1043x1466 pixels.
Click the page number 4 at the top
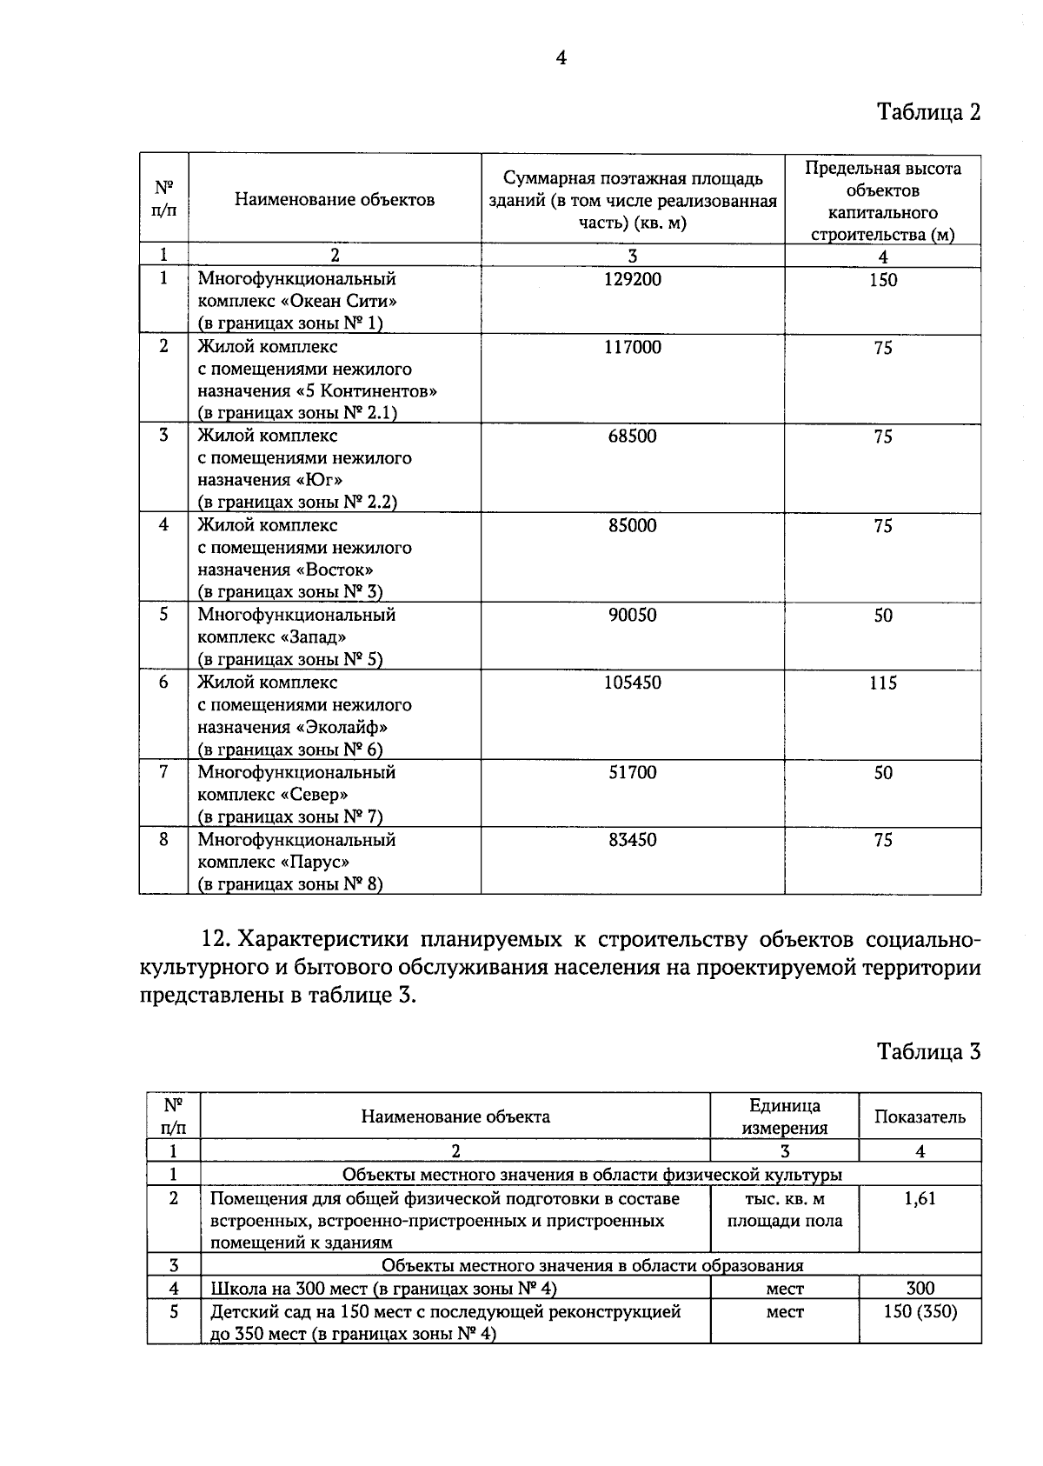point(561,58)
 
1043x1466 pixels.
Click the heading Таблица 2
point(927,112)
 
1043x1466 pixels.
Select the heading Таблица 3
point(927,1051)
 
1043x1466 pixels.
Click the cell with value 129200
point(632,280)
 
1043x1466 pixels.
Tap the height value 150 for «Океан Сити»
point(882,280)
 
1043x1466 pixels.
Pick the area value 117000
point(632,348)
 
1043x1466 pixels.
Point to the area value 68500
point(632,436)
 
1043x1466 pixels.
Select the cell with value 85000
point(632,526)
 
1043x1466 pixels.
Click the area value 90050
point(632,616)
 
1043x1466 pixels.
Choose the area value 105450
point(632,683)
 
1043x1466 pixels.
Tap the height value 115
point(882,683)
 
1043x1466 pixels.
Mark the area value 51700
point(632,773)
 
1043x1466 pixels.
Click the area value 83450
point(632,841)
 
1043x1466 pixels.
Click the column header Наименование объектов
point(335,200)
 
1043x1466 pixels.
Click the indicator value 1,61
point(920,1199)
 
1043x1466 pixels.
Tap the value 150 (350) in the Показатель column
point(920,1311)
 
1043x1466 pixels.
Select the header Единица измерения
point(785,1117)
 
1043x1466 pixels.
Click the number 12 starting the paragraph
point(213,940)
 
